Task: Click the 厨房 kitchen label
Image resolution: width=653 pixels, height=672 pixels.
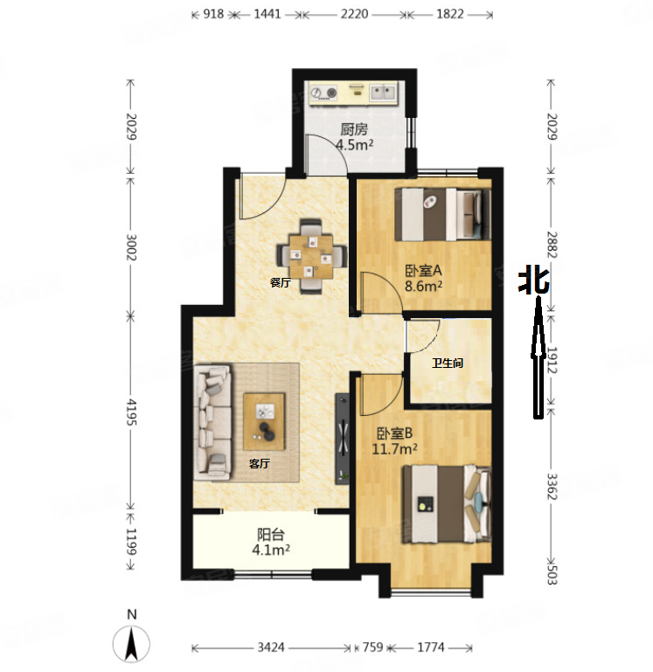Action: [x=354, y=129]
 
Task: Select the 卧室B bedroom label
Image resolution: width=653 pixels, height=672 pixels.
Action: [x=394, y=433]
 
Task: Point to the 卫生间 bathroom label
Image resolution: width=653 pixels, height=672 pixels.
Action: [x=448, y=364]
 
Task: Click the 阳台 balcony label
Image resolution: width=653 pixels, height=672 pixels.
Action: [x=270, y=535]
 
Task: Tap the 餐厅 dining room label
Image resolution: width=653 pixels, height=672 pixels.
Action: [x=281, y=282]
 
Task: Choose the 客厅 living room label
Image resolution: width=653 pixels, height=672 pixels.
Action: [x=260, y=463]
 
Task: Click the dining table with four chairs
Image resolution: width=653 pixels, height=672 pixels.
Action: [x=311, y=256]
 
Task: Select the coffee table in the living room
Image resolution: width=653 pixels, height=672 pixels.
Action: [x=264, y=422]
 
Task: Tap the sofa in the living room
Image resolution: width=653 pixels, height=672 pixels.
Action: [x=212, y=422]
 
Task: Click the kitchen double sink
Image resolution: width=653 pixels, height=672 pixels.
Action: [x=383, y=93]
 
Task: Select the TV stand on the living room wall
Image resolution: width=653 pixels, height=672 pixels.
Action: [x=342, y=439]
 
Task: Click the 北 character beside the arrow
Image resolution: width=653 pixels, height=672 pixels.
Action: [x=533, y=282]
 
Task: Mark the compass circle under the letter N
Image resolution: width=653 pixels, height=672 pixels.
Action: [x=131, y=644]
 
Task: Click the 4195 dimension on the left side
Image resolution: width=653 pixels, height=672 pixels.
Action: [x=131, y=412]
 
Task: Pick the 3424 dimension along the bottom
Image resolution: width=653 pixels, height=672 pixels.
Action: [x=271, y=647]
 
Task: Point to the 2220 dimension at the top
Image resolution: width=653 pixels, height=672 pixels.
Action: [x=355, y=14]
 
